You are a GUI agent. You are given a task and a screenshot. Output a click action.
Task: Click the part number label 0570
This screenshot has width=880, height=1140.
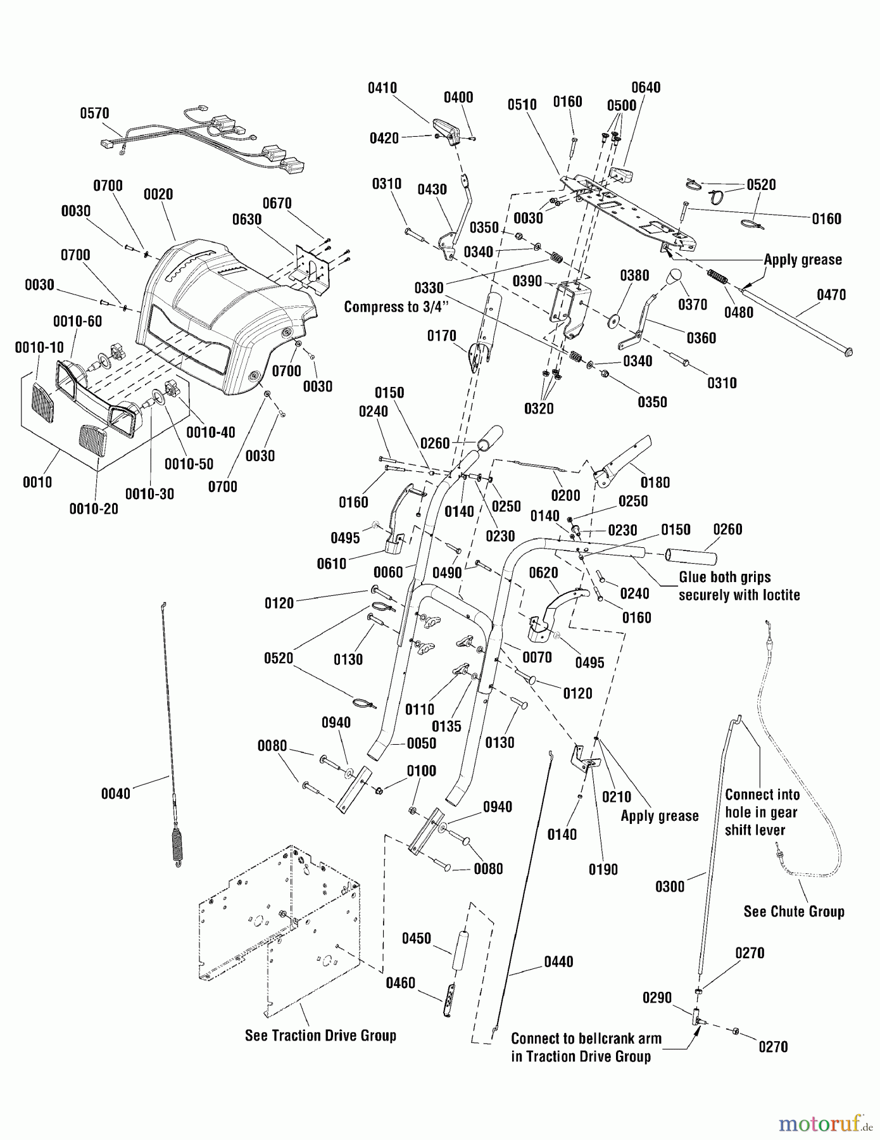pos(94,113)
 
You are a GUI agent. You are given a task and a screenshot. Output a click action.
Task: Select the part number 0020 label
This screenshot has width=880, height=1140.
pos(158,194)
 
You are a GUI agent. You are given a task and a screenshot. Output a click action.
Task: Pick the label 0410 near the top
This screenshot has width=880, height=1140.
pos(382,88)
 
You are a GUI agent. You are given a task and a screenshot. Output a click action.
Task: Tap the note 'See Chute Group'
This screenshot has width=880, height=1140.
pos(794,911)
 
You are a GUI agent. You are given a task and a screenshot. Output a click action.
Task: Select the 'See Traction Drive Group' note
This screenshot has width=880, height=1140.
pos(320,1035)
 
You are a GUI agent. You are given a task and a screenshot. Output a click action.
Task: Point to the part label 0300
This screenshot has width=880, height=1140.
pos(670,886)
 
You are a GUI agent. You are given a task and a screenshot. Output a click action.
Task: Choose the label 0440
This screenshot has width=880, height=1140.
pos(558,962)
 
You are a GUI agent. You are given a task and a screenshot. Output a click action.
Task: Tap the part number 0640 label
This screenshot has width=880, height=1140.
pos(646,87)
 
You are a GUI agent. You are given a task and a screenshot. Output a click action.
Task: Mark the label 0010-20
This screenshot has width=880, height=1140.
pos(94,509)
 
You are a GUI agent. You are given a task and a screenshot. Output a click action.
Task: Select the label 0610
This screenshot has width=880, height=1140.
pos(332,564)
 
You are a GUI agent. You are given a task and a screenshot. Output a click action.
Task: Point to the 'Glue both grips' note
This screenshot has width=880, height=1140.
pos(724,577)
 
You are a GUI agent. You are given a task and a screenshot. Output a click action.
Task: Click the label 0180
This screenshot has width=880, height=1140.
pos(655,483)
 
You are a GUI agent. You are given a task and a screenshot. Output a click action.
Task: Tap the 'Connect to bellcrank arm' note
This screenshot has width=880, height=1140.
pos(586,1039)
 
